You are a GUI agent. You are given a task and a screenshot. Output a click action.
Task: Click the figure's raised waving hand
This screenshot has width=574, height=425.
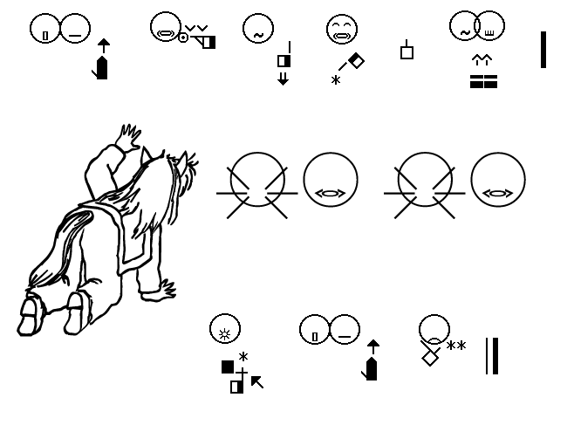coord(128,138)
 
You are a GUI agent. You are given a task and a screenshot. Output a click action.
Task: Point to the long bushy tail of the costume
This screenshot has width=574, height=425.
coord(58,249)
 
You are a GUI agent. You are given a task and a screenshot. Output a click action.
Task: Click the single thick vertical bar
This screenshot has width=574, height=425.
coord(543,50)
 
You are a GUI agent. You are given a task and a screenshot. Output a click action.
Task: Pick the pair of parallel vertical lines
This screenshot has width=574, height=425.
coord(492,356)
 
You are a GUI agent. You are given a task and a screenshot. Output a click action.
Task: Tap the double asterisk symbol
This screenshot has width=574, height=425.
coord(456,346)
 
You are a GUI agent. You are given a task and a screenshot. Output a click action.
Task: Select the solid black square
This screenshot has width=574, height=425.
coord(228,367)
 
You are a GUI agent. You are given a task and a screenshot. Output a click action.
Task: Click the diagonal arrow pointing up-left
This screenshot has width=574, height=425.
coord(257,382)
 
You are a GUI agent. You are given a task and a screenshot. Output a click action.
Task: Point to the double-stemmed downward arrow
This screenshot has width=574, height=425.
coord(283,79)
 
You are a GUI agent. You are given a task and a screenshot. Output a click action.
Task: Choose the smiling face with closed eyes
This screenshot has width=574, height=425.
coord(342,29)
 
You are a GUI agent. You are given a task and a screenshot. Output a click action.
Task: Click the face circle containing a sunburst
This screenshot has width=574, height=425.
coord(225,328)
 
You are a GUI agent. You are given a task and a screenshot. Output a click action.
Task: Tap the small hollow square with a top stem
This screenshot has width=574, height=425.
coord(407,50)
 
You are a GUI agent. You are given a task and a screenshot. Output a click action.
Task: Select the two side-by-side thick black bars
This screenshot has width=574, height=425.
coord(483,82)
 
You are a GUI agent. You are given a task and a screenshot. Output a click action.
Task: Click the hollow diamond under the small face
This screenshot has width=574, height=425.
coord(431,357)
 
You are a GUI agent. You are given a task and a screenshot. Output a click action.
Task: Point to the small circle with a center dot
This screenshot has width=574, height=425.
coord(183,38)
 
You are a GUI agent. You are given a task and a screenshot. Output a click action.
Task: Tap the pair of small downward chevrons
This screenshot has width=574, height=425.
coord(196,28)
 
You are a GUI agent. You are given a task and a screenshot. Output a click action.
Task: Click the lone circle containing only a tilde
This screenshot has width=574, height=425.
coord(258,29)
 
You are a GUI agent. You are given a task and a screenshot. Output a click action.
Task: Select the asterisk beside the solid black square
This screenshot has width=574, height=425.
coord(243,357)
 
